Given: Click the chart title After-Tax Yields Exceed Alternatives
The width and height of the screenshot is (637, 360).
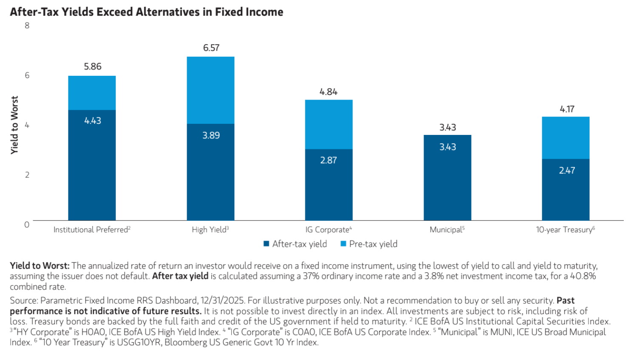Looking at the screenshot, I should [146, 12].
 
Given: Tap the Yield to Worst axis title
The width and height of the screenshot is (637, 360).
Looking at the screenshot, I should [14, 125].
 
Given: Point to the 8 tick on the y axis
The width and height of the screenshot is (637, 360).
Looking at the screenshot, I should [27, 26].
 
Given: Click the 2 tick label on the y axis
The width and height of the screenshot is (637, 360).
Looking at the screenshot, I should [27, 175].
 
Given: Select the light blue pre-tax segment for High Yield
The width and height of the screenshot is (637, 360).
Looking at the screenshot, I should [210, 90].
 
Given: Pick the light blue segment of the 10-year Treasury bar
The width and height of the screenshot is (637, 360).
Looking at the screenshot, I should [566, 137].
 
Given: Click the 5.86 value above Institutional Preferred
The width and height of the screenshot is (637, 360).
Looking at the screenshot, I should [93, 67].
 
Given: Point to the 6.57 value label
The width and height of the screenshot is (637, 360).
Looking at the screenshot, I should [211, 48].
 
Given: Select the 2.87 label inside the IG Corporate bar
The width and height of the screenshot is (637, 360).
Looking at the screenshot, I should [329, 160].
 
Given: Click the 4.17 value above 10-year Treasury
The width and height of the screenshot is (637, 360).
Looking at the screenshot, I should [567, 109].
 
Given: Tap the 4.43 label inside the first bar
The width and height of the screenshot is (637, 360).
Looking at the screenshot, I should [93, 121].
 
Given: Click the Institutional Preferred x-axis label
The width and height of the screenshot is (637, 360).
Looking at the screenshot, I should [92, 230].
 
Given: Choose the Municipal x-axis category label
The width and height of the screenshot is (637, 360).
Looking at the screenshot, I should [447, 230].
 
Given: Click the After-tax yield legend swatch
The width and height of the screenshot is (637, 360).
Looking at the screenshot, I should [267, 244].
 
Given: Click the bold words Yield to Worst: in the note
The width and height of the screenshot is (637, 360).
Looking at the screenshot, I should [40, 266].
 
